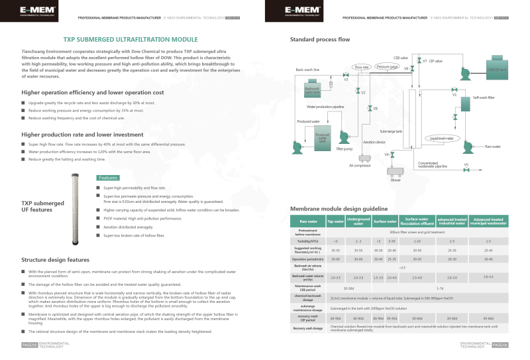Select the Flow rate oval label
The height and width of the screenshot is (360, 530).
[x=361, y=68]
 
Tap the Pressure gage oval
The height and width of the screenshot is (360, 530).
[x=387, y=67]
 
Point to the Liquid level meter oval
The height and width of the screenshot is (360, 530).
[x=441, y=138]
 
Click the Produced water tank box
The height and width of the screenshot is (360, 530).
[x=322, y=137]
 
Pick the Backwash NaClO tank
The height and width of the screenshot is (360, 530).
[x=312, y=91]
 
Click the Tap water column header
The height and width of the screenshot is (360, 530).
[x=336, y=221]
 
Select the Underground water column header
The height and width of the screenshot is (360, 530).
[x=358, y=221]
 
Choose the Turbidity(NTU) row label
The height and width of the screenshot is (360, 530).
[x=308, y=241]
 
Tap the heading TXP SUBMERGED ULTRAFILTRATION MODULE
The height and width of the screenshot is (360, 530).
[x=130, y=39]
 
